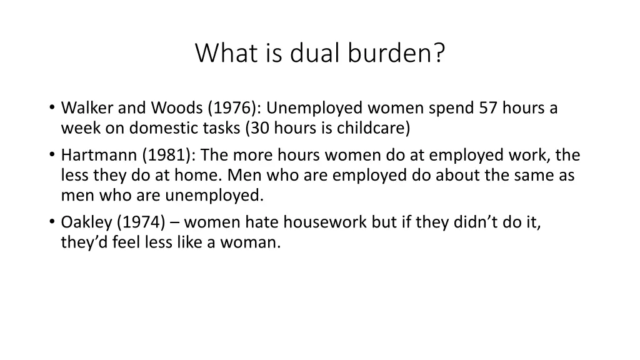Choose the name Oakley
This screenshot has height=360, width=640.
point(83,222)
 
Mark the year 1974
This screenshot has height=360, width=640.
point(132,222)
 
